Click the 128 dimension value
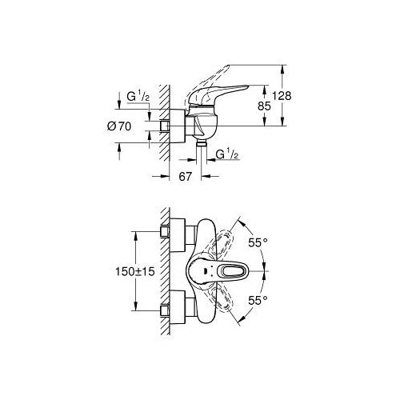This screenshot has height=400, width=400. tap(282, 95)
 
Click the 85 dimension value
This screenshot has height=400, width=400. tap(264, 106)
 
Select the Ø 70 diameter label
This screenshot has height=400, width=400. tap(119, 126)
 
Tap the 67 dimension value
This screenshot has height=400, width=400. tap(186, 176)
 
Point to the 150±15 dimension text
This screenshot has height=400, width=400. tap(135, 271)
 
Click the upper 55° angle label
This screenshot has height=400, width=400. tap(258, 242)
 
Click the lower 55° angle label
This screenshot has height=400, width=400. tap(258, 301)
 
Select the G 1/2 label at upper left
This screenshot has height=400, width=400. tap(138, 97)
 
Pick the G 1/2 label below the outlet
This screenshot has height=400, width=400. tap(226, 154)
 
